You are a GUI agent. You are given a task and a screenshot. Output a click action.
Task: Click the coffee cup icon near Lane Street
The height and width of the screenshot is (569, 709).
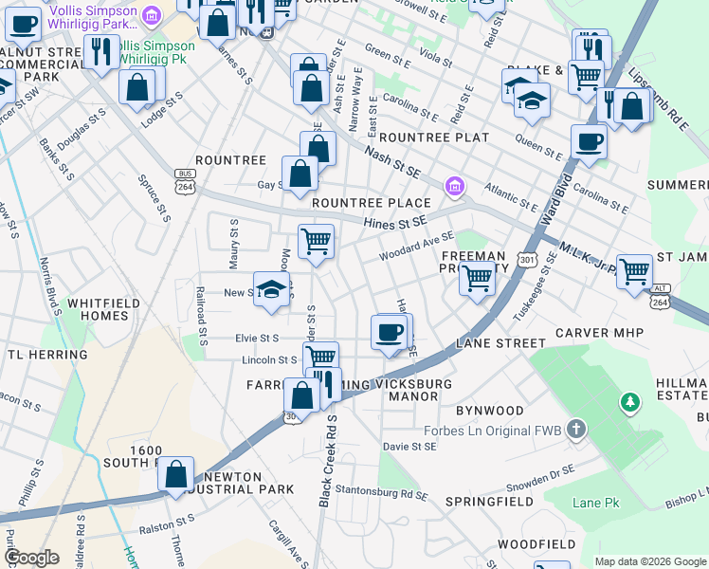pos(391,332)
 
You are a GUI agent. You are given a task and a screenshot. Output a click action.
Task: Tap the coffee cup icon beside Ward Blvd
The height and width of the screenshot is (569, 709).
pos(589,142)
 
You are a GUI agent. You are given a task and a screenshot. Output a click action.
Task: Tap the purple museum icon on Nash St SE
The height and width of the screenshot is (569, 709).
pos(455,187)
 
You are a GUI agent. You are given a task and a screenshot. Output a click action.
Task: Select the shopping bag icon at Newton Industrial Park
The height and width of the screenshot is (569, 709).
pos(176,475)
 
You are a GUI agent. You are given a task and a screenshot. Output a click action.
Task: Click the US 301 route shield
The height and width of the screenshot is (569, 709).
pos(528,259)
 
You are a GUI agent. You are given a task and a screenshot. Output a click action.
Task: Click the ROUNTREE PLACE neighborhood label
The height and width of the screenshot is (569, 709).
pos(371,203)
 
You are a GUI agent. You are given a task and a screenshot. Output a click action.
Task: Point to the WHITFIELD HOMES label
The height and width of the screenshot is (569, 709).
pos(103,309)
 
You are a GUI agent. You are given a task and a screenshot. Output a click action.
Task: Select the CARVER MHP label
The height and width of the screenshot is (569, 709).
pos(599,333)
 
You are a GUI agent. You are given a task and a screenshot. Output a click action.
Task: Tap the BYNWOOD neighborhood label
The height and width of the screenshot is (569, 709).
pos(489,411)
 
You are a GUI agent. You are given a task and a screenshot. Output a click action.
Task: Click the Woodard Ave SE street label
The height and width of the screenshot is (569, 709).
pos(417,249)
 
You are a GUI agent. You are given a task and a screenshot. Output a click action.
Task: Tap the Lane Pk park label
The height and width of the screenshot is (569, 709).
pos(595,503)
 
